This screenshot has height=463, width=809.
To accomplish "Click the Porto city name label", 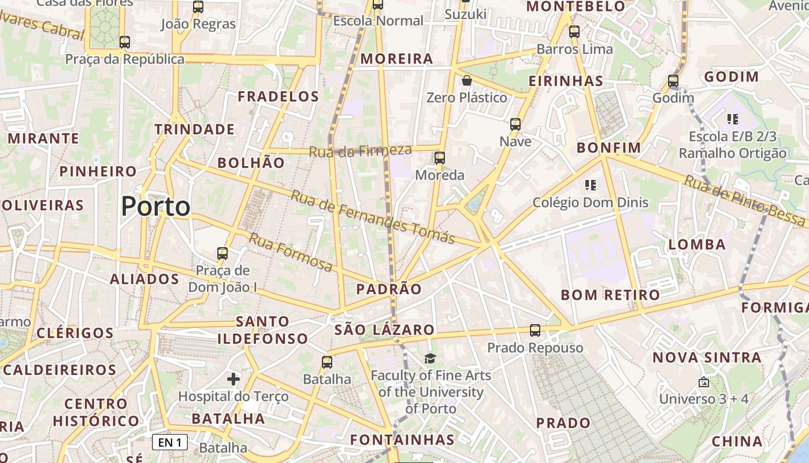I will click(x=155, y=207).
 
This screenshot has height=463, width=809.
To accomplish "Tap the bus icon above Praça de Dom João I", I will click(x=222, y=253).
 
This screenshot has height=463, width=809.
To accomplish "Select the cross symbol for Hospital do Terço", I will click(x=233, y=379).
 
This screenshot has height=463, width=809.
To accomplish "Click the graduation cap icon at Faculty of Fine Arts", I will click(x=430, y=359).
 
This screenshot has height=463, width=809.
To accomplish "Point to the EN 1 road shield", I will click(x=170, y=443).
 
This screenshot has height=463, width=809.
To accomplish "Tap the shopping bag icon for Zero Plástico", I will click(x=466, y=80).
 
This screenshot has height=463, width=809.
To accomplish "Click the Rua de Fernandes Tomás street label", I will click(x=372, y=217).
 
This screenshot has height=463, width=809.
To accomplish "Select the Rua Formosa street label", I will click(x=291, y=252).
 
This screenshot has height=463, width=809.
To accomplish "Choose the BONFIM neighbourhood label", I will click(x=609, y=148).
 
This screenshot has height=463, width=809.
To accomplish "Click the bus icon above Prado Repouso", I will click(x=535, y=330).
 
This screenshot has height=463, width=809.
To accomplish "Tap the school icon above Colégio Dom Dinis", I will click(x=590, y=185).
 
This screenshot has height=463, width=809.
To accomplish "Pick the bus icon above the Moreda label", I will click(x=440, y=157).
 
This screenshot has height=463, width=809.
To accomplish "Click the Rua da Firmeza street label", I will click(x=360, y=151).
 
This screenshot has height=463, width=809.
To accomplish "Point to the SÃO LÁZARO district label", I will click(x=384, y=330).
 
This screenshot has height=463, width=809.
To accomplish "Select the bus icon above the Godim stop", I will click(x=673, y=81).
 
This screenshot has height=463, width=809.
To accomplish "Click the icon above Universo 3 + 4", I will click(x=703, y=382).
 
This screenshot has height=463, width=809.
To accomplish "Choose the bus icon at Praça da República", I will click(x=124, y=42).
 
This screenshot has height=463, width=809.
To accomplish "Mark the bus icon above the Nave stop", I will click(x=515, y=124).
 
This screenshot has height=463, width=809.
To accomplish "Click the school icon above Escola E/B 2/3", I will click(x=733, y=119).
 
